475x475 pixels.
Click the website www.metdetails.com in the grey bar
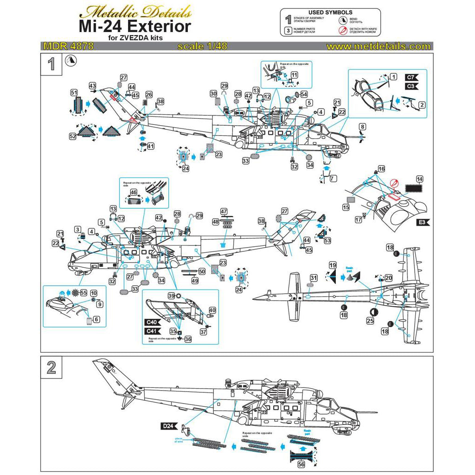[x=378, y=46]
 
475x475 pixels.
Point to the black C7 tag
[x=411, y=77]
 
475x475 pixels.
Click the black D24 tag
[x=169, y=426]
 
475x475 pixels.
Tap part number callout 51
[x=74, y=92]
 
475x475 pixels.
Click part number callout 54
[x=304, y=94]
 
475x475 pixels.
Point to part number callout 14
[x=419, y=179]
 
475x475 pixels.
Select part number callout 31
[x=314, y=277]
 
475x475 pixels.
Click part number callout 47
[x=224, y=212]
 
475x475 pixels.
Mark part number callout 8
[x=362, y=126]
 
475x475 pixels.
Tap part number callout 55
[x=83, y=293]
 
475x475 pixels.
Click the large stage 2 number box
[x=51, y=368]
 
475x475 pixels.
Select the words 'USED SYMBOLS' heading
[x=330, y=12]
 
